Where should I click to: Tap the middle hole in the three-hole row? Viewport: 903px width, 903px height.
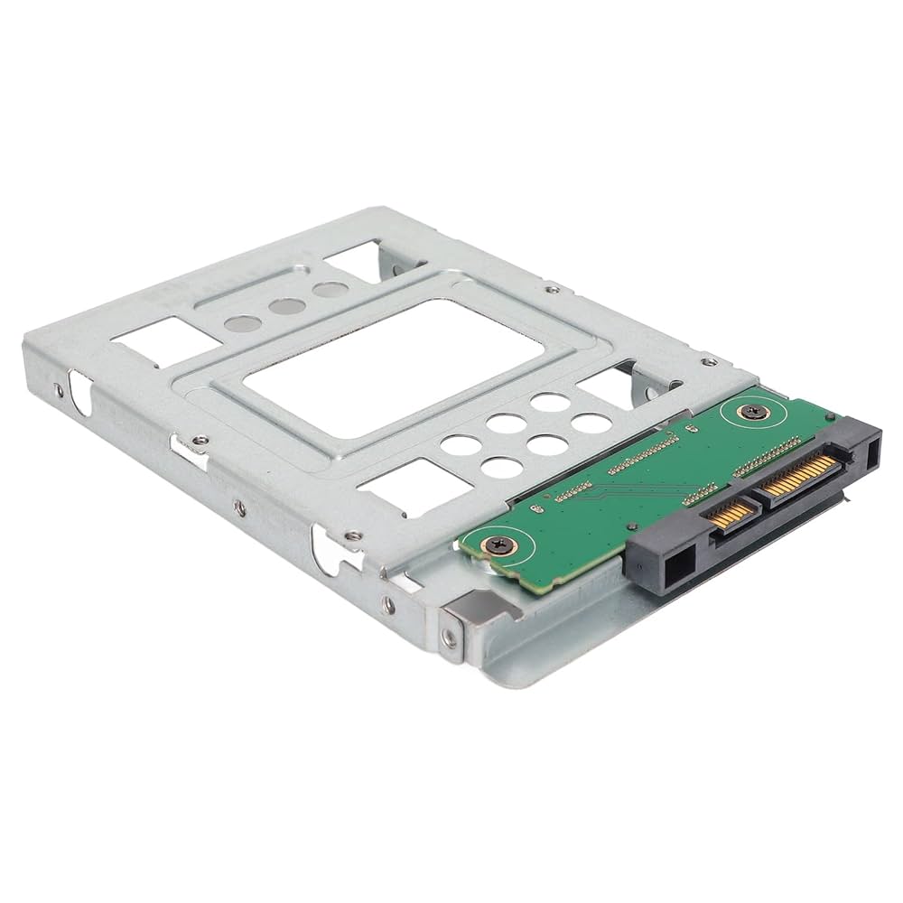(287, 306)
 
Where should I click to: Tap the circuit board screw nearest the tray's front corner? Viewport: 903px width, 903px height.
(498, 545)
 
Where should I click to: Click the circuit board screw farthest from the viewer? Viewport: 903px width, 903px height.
(749, 411)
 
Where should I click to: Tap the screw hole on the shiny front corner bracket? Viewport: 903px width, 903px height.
(450, 638)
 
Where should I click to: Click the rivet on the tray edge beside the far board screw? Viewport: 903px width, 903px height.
(710, 361)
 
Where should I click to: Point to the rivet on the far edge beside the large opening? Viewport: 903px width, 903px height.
(552, 290)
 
